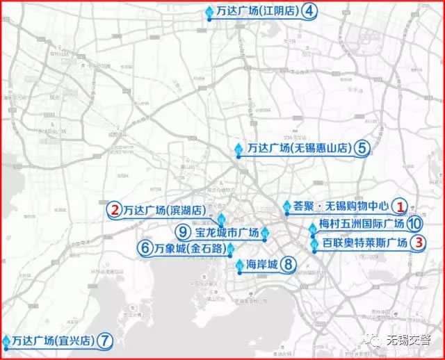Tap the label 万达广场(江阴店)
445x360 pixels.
(x=257, y=12)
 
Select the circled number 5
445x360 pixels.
(x=362, y=147)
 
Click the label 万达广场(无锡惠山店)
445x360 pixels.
(x=300, y=148)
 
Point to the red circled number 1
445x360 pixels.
(x=400, y=206)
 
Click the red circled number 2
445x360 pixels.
(x=113, y=208)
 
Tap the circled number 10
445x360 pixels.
(x=414, y=224)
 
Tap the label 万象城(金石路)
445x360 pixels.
(x=188, y=248)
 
